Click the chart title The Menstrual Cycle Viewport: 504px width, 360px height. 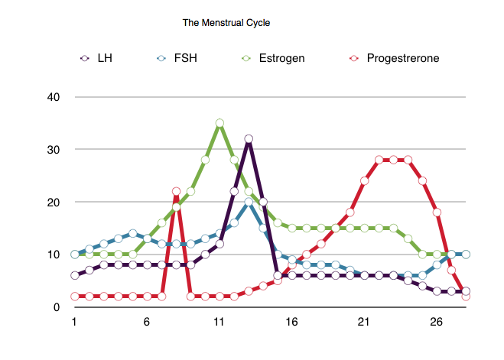coord(226,23)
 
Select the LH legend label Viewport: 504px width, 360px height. coord(105,57)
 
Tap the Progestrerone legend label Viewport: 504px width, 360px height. coord(402,57)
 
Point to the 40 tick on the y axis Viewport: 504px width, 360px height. coord(54,97)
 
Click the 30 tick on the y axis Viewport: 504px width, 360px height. coord(54,150)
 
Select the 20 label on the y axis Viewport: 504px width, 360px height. coord(54,203)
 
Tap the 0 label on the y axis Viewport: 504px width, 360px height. coord(57,307)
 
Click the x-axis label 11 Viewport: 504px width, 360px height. coord(219,323)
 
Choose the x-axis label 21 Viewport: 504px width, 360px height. coord(364,323)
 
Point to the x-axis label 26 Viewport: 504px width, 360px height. coord(437,323)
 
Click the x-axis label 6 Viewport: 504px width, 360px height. coord(147,323)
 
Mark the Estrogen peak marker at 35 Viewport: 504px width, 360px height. coord(219,123)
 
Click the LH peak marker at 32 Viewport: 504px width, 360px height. coord(249,139)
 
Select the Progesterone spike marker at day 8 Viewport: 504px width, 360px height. coord(176,192)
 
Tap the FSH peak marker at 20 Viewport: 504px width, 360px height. coord(249,203)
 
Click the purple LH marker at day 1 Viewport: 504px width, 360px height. coord(74,276)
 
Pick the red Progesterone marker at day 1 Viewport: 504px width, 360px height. coord(74,297)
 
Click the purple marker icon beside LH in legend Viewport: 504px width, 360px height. coord(84,57)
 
